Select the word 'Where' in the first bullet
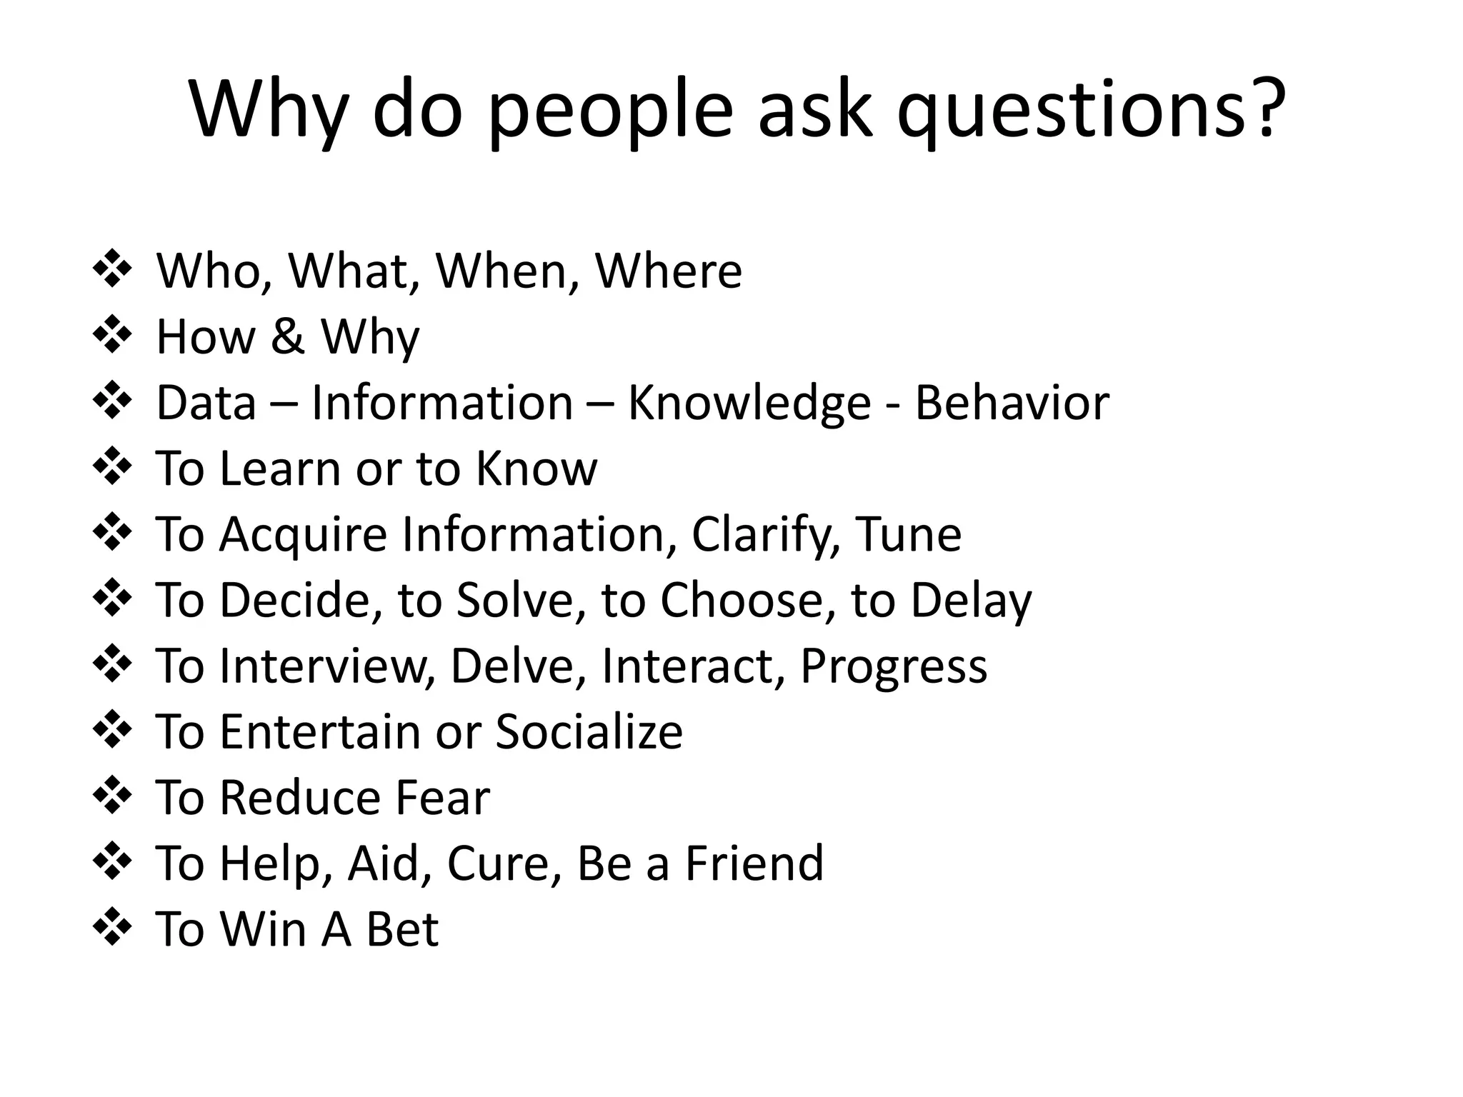coord(669,271)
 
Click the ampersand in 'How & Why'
coord(287,336)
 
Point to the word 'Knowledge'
coord(749,403)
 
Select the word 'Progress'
coord(893,666)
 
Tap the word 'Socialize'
coord(589,731)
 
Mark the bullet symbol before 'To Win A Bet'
coord(113,927)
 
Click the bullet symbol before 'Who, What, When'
coord(113,269)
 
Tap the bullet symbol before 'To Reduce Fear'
coord(113,796)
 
